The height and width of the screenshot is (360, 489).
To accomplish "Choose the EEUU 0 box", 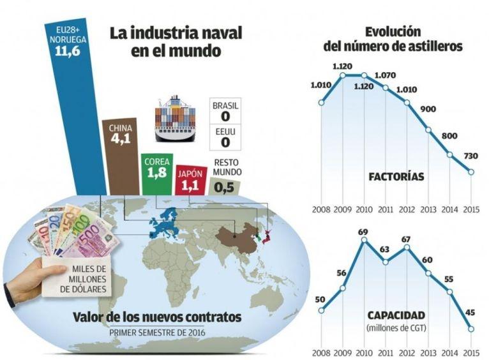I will pyautogui.click(x=225, y=138).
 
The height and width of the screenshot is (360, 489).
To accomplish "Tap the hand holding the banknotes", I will pyautogui.click(x=29, y=281).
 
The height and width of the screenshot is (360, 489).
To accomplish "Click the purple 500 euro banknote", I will pyautogui.click(x=96, y=245).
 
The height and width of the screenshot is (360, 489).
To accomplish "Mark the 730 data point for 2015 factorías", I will pyautogui.click(x=471, y=172).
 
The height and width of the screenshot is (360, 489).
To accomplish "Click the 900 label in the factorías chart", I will pyautogui.click(x=428, y=109).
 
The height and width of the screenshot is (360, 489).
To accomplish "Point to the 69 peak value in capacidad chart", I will pyautogui.click(x=365, y=231).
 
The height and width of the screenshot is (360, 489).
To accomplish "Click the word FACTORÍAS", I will pyautogui.click(x=396, y=176).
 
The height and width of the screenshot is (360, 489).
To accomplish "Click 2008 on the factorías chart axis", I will pyautogui.click(x=321, y=209).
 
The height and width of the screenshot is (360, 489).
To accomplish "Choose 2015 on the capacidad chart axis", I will pyautogui.click(x=471, y=352).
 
